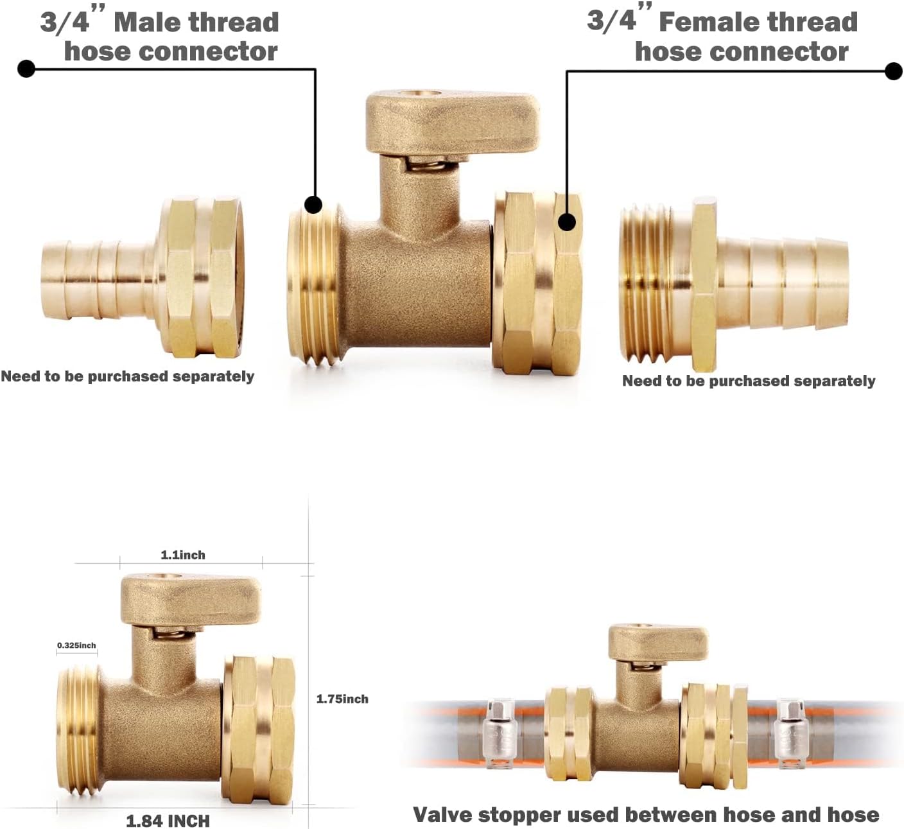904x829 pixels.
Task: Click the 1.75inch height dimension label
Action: pos(342,699)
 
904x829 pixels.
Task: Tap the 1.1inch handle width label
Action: pos(183,555)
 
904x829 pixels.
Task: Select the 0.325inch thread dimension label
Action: pos(76,645)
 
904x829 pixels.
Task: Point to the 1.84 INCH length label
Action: pos(168,821)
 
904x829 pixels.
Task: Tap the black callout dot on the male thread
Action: pos(313,205)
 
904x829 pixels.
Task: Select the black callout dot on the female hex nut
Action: pos(567,222)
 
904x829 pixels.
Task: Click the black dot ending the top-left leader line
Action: pos(26,68)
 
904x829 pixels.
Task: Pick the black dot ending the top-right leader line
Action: pos(894,71)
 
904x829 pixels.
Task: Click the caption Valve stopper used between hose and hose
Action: pos(646,814)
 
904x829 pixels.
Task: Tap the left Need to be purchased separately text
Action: pos(127,376)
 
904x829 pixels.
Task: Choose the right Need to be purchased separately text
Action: pos(749,381)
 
